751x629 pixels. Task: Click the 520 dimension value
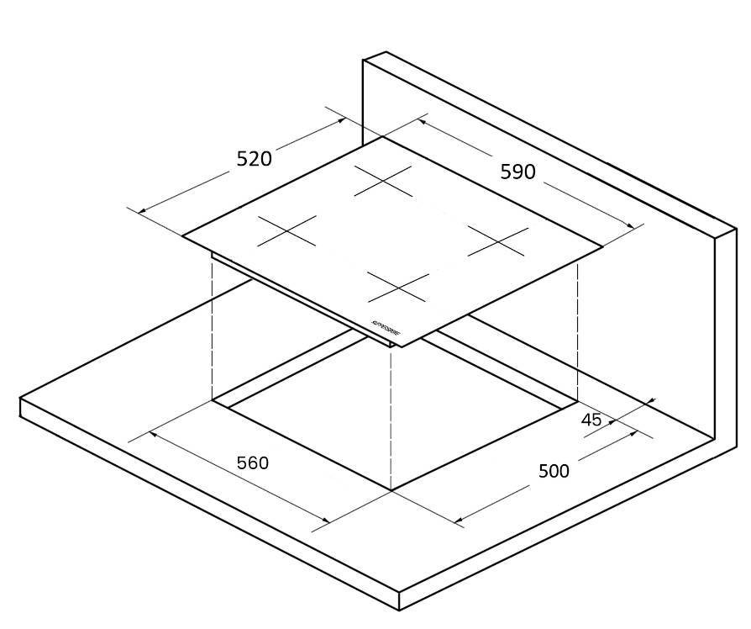[254, 158]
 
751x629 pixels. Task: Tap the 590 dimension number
[517, 172]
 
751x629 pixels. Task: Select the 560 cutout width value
[252, 462]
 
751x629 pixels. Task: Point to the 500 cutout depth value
[554, 471]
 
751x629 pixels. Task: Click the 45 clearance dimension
[591, 420]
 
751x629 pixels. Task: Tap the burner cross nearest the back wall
[383, 180]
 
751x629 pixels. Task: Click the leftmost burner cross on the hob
[286, 230]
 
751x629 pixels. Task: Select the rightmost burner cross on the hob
[497, 241]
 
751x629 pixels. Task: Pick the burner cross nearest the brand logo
[398, 288]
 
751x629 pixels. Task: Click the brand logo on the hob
[385, 329]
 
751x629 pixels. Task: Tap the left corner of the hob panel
[183, 235]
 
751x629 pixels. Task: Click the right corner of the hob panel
[602, 246]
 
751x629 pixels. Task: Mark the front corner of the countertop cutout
[391, 490]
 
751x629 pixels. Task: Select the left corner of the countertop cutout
[213, 401]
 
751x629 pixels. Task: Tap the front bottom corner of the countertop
[399, 610]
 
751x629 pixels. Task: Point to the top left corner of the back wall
[364, 60]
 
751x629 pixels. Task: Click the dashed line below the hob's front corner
[391, 420]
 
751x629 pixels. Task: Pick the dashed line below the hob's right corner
[577, 328]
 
